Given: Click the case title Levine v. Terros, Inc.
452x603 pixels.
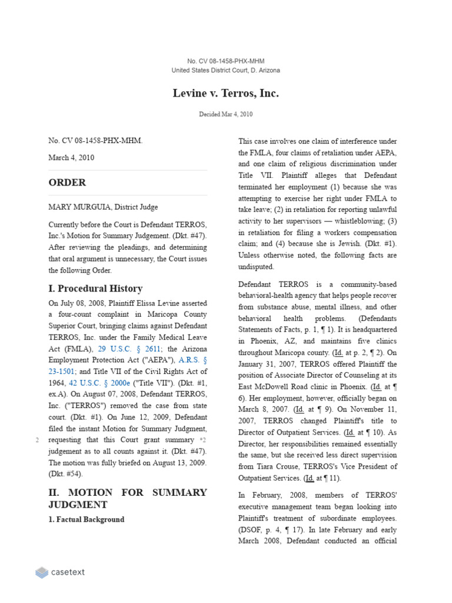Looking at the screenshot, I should [x=225, y=94].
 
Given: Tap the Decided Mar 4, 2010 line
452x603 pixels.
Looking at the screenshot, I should [x=225, y=114].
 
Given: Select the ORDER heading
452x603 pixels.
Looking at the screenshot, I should [x=67, y=183].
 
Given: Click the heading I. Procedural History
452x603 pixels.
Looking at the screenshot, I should [x=95, y=289].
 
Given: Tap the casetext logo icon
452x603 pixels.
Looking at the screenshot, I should [x=42, y=572].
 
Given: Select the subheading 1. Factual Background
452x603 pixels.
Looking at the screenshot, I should [x=86, y=519].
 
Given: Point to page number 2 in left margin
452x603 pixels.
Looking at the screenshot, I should [x=37, y=440].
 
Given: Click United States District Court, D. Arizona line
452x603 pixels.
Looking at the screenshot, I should [x=225, y=70].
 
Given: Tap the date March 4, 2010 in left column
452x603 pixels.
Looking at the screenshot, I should [x=71, y=158].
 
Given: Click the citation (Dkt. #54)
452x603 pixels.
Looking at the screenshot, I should [x=65, y=473].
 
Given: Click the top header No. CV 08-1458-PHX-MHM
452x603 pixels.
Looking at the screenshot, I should [x=225, y=61].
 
